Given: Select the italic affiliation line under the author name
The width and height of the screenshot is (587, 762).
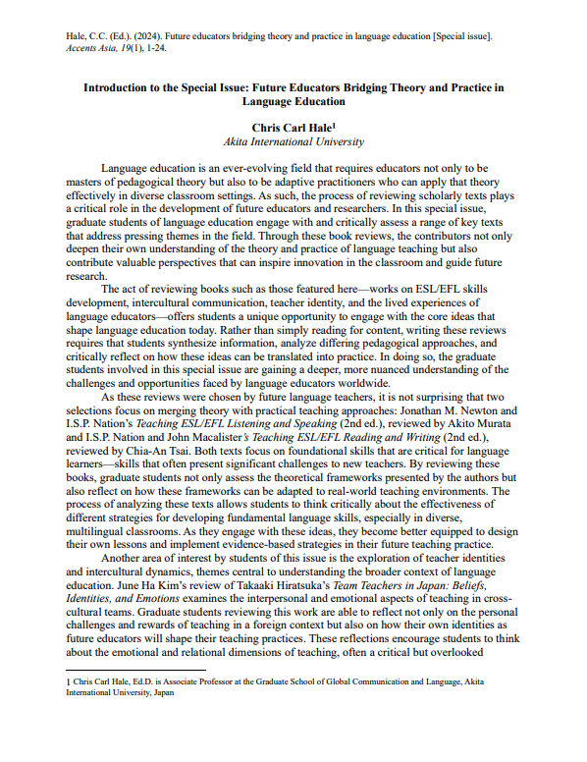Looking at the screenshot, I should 293,141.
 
